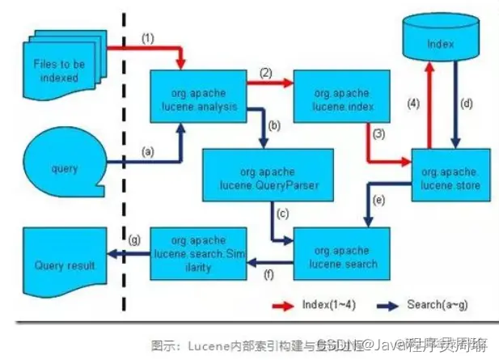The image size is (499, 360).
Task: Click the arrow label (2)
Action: pyautogui.click(x=266, y=73)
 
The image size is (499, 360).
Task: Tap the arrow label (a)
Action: pyautogui.click(x=148, y=151)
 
